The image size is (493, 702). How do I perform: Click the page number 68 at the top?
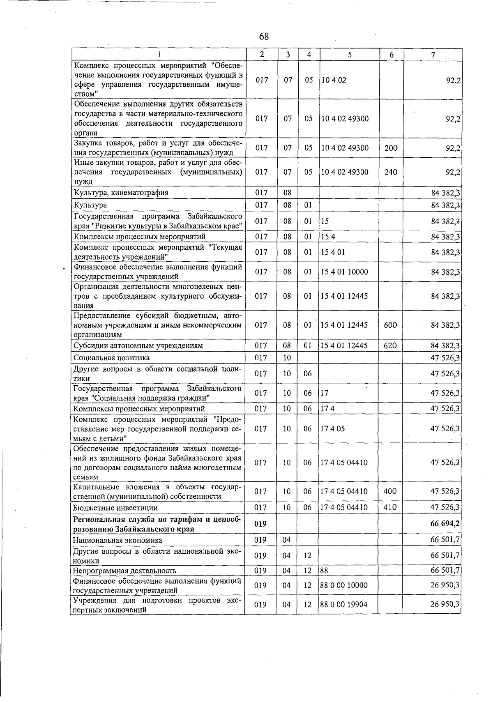(x=264, y=37)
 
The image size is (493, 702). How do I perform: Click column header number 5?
(x=349, y=55)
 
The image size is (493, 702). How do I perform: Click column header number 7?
(x=433, y=55)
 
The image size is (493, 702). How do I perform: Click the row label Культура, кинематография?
(x=121, y=192)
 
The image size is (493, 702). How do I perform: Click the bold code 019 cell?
(x=260, y=524)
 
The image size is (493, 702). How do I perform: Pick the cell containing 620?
(x=390, y=345)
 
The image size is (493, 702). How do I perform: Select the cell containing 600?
(x=390, y=325)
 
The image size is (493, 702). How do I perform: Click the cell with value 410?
(x=390, y=507)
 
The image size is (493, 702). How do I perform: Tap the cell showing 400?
(x=390, y=491)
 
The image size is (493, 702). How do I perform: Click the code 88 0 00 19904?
(x=343, y=604)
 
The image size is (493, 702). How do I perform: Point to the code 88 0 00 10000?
(x=343, y=585)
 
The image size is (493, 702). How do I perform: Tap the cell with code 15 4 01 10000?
(x=344, y=272)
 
